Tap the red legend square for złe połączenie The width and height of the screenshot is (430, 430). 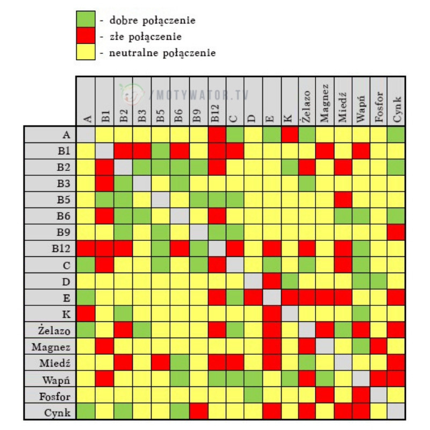click(x=87, y=37)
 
